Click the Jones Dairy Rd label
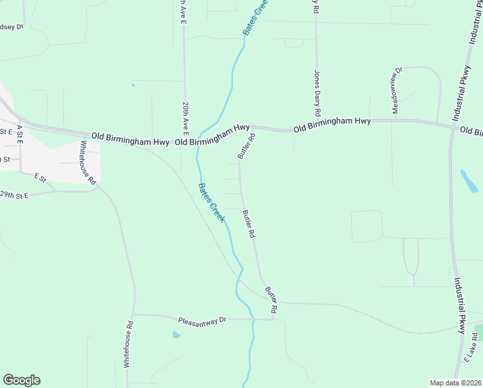tap(317, 92)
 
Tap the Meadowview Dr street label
tap(395, 90)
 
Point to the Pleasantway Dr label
tap(203, 320)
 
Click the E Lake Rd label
tap(471, 347)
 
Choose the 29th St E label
tap(14, 195)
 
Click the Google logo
tap(21, 380)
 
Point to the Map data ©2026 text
tap(455, 383)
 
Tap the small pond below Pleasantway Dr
tap(176, 335)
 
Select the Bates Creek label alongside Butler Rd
tap(211, 203)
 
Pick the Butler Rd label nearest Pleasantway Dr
tap(272, 302)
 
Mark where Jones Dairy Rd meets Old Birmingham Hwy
tap(316, 127)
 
